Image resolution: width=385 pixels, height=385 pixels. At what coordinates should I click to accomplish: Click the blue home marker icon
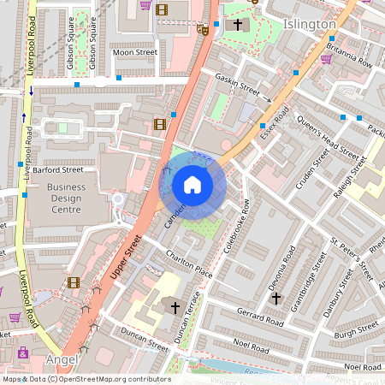coord(192,185)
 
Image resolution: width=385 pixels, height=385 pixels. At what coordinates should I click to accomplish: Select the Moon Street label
coord(135,52)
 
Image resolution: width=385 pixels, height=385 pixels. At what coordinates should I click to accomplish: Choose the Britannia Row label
coord(354,56)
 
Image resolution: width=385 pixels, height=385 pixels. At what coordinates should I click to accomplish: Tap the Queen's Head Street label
coord(329,139)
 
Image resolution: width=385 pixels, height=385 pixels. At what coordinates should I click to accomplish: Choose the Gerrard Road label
coord(260,318)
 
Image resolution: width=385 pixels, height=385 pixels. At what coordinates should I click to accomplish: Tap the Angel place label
coord(62,358)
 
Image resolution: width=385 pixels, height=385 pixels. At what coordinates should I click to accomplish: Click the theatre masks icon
coord(203,28)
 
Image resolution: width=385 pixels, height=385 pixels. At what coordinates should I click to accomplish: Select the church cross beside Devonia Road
coord(275,299)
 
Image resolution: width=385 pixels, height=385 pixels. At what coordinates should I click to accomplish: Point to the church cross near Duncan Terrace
coord(175,306)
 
